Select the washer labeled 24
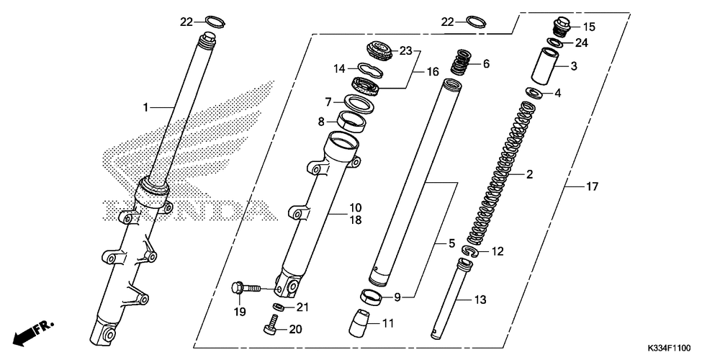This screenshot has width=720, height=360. (555, 42)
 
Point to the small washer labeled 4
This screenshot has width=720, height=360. (534, 92)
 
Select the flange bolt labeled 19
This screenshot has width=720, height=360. (246, 289)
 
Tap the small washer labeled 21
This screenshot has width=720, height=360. (278, 306)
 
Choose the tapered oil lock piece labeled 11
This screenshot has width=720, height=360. (360, 323)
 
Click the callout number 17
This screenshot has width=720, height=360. (592, 187)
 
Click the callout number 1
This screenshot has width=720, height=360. (145, 107)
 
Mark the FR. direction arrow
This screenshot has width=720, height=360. (33, 333)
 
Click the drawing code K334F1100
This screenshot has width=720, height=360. (669, 348)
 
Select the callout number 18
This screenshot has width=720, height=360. (356, 220)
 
